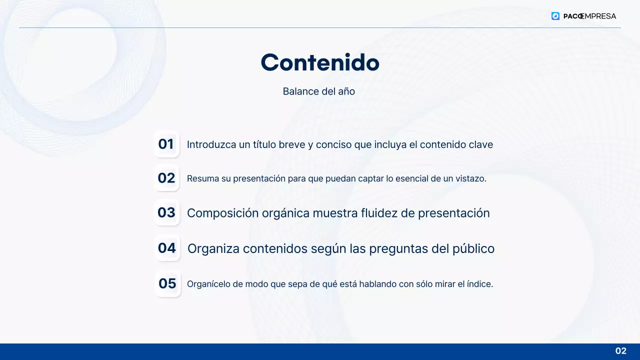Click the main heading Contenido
pyautogui.click(x=320, y=62)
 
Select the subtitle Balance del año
pyautogui.click(x=318, y=91)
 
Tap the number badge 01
pyautogui.click(x=166, y=144)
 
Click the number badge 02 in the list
pyautogui.click(x=166, y=178)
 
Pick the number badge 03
pyautogui.click(x=166, y=212)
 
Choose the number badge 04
pyautogui.click(x=167, y=248)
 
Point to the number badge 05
pyautogui.click(x=167, y=283)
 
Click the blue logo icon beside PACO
pyautogui.click(x=555, y=16)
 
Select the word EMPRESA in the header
pyautogui.click(x=598, y=16)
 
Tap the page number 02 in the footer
pyautogui.click(x=620, y=351)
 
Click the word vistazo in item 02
pyautogui.click(x=471, y=178)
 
